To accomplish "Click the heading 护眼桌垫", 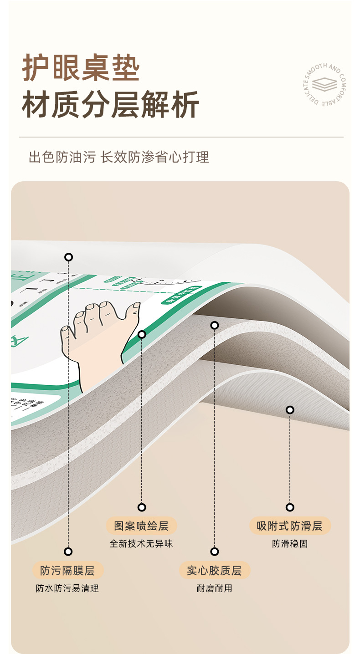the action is (81, 69).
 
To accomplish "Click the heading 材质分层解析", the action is (111, 105).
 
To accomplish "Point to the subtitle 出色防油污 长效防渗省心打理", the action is (119, 158).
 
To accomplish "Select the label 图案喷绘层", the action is (141, 526).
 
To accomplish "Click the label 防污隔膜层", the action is (68, 571).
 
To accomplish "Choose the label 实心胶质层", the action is (215, 571).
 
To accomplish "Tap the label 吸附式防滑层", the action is (290, 526).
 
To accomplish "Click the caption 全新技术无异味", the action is (141, 544).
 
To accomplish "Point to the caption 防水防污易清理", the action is (67, 588).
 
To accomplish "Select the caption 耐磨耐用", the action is (215, 588).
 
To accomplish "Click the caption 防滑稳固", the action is (290, 544).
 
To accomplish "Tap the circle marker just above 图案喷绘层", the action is (142, 507).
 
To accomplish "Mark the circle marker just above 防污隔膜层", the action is (68, 552).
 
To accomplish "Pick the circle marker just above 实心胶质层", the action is (215, 552).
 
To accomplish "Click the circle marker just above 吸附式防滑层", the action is (290, 507).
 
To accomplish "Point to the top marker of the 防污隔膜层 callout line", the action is (68, 257).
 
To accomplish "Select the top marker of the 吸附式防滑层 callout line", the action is (290, 410).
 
